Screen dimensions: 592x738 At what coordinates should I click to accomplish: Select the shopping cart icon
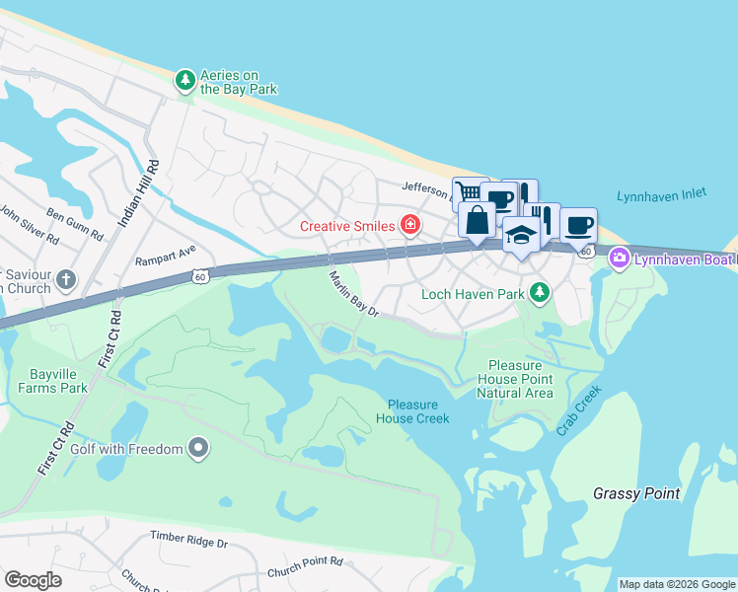[x=468, y=191]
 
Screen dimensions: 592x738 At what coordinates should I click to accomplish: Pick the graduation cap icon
[x=521, y=235]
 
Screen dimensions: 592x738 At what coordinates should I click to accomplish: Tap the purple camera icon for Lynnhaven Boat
[x=619, y=259]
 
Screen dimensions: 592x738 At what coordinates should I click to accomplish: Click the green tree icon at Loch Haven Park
[x=539, y=293]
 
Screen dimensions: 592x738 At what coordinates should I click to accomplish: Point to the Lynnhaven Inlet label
[x=661, y=195]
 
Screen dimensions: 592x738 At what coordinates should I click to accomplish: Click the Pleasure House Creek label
[x=418, y=411]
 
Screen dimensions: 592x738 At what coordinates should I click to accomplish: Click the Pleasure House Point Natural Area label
[x=515, y=379]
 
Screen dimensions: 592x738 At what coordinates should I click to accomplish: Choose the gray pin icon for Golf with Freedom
[x=198, y=450]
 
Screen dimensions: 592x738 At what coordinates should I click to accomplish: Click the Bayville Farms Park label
[x=52, y=381]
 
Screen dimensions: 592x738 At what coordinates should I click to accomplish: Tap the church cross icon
[x=66, y=280]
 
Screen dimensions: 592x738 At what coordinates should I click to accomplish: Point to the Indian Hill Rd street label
[x=138, y=193]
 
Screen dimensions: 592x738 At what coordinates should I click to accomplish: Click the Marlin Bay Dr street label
[x=354, y=294]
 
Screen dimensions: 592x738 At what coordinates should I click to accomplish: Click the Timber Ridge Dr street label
[x=188, y=540]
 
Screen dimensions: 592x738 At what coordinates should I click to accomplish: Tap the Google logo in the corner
[x=32, y=580]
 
